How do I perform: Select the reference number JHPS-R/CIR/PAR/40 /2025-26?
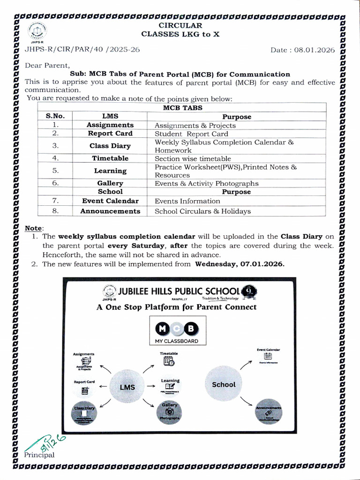coord(82,50)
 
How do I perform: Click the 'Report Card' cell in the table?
coord(110,134)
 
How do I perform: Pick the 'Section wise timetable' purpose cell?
coord(193,159)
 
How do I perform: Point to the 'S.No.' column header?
coord(55,117)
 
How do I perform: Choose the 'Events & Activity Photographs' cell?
coord(206,184)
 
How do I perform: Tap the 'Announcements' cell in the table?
coord(110,211)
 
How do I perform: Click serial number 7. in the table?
coord(55,201)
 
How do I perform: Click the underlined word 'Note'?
coord(33,228)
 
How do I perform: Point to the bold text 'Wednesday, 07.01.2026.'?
coord(240,264)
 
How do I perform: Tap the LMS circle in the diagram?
coord(127,387)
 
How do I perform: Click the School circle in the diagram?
coord(224,384)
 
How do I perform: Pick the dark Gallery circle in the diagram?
coord(170,412)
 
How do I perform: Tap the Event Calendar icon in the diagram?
coord(268,356)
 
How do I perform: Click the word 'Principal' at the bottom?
coord(39,455)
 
